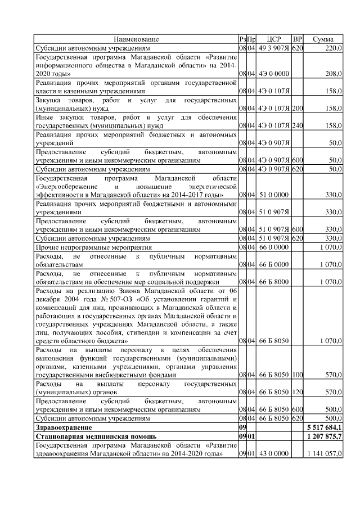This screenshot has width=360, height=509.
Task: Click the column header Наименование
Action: pos(136,39)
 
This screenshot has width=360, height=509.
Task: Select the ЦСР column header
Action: pos(274,39)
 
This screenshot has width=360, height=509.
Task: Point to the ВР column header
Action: pos(298,39)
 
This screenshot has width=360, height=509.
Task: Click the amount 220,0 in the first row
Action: pos(332,48)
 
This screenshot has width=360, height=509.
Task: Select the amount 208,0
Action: pos(332,73)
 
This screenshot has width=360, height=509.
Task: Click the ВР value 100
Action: pos(298,375)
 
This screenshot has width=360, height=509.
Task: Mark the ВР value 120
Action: pos(298,392)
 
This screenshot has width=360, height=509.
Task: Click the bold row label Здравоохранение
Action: pos(64,427)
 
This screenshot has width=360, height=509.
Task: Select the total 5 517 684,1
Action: pos(325,427)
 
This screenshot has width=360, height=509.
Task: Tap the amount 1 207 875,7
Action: pos(325,436)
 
